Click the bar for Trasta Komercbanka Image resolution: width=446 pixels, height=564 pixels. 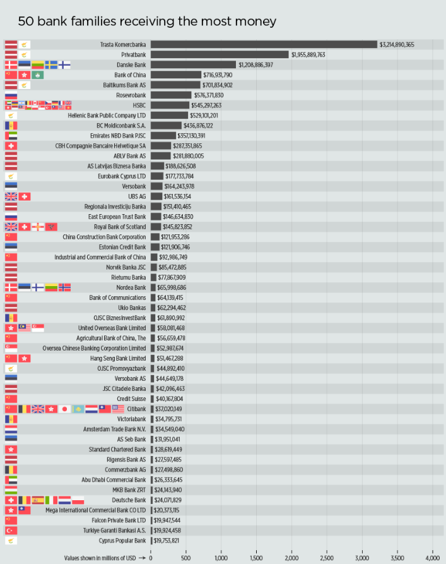(264, 44)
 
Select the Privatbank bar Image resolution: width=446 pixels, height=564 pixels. (220, 55)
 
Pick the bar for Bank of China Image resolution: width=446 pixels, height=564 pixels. (176, 75)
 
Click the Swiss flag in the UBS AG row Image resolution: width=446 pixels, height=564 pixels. (25, 196)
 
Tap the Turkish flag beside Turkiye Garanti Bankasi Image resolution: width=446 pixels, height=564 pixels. (11, 530)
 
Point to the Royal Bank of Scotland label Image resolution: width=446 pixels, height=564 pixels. (120, 227)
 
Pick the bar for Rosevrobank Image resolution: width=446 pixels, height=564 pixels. (171, 95)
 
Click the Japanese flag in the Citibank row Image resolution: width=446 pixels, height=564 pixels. (64, 409)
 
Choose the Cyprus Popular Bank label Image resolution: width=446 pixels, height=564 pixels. (122, 540)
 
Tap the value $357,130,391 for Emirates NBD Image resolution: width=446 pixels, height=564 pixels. (201, 136)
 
